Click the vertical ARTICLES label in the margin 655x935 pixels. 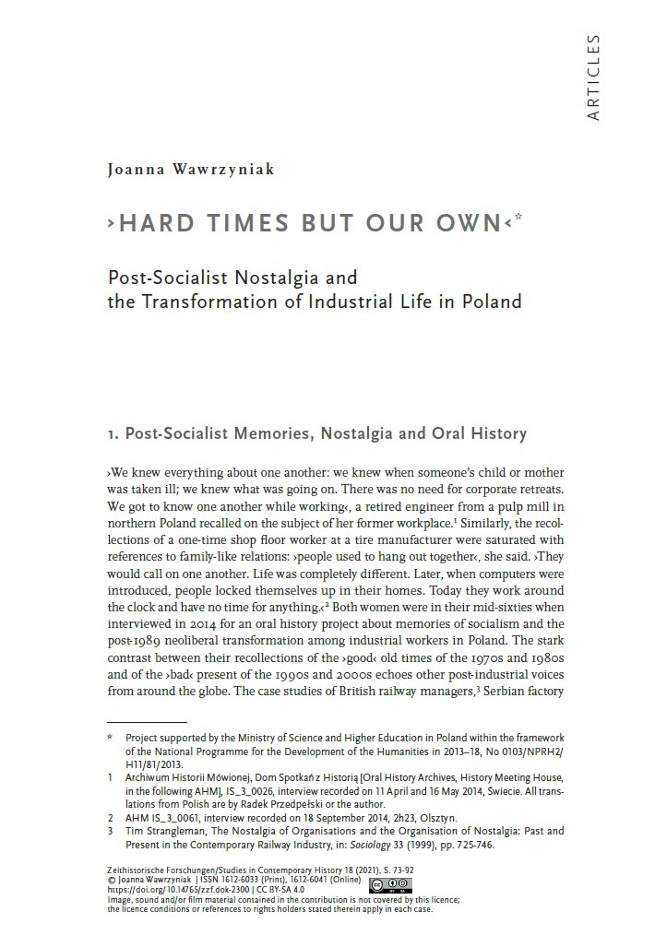593,77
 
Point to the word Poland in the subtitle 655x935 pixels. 492,301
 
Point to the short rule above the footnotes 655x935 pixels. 147,722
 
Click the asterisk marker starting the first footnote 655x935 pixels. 110,738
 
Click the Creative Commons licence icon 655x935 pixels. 388,885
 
